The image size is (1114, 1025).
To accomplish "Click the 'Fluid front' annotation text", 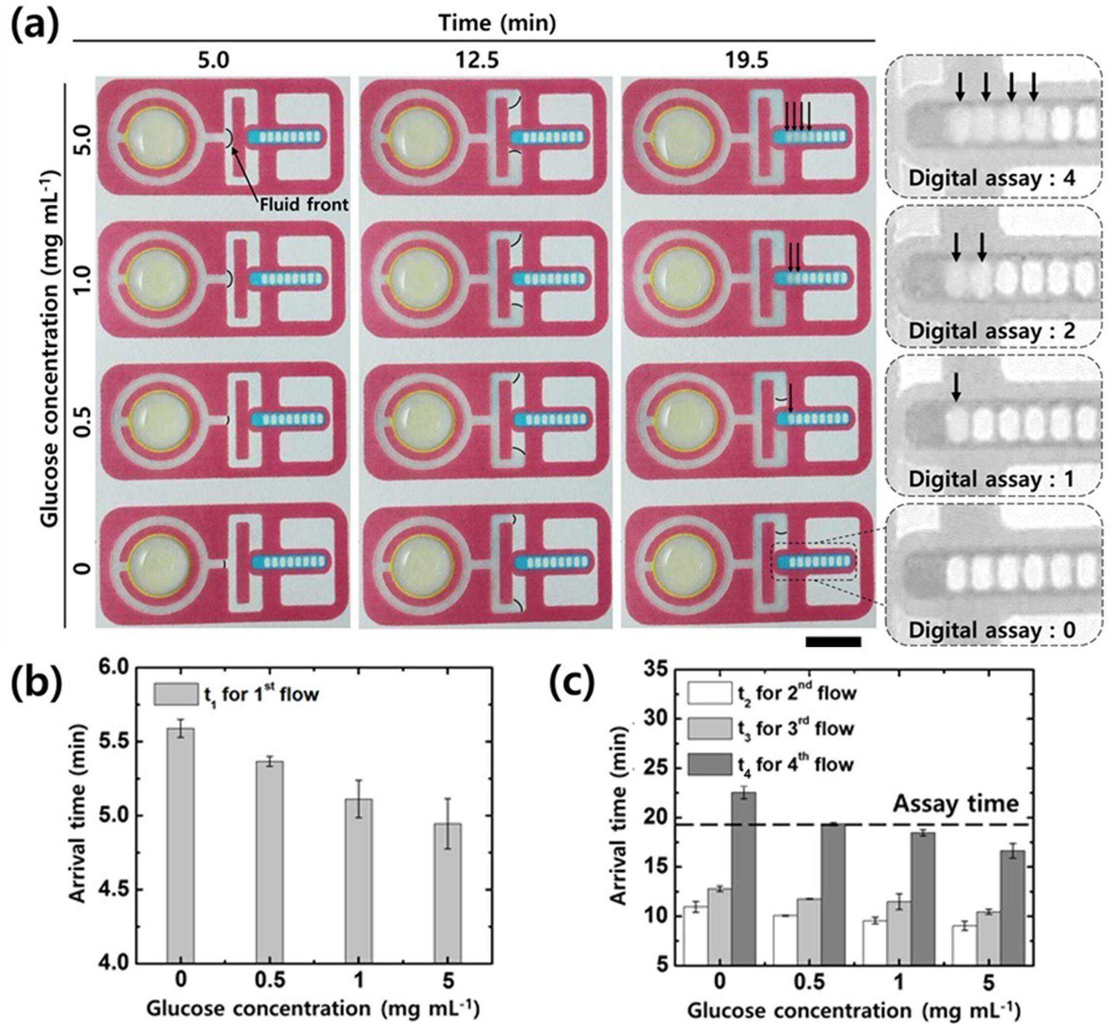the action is (x=305, y=204).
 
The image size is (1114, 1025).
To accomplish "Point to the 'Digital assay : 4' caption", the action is (x=991, y=178).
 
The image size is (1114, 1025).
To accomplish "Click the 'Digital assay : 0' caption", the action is (x=991, y=630).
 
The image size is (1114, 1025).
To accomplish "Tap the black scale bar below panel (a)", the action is (x=833, y=642).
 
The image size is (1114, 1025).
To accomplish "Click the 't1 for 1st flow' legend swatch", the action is (x=175, y=694).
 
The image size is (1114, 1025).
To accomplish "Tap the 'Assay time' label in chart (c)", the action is (x=955, y=804).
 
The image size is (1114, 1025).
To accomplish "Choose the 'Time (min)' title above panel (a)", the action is (x=496, y=23).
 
